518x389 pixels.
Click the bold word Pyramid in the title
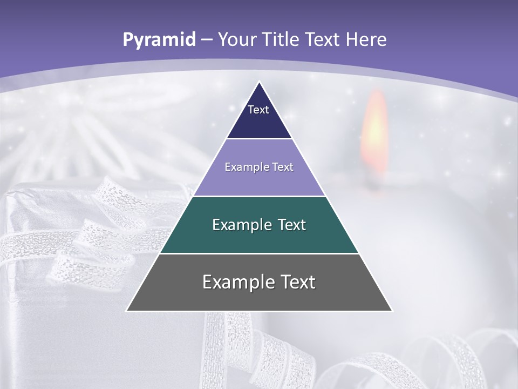(x=159, y=40)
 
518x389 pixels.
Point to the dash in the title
(x=207, y=40)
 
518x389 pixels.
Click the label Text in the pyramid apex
(x=258, y=110)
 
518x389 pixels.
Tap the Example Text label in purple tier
(x=259, y=167)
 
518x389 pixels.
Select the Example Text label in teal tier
(x=259, y=225)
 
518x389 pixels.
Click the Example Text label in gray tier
(x=259, y=282)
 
